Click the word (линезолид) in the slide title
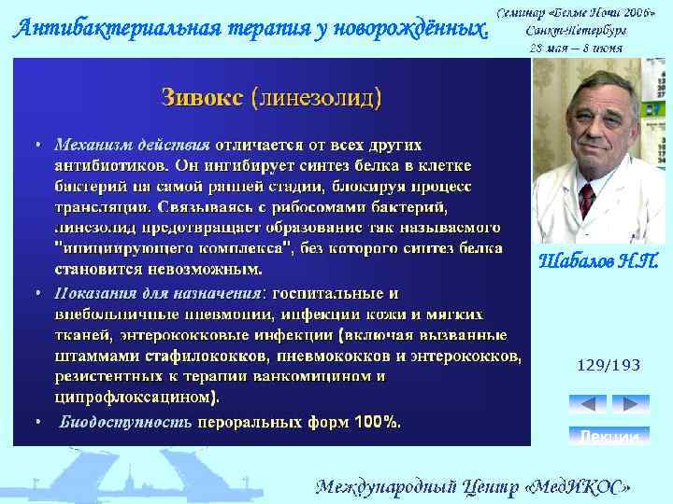tap(316, 97)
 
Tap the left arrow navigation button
tap(587, 403)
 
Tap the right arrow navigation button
tap(629, 403)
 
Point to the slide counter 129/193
tap(609, 366)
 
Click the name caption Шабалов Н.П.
tap(599, 262)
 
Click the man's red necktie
tap(587, 199)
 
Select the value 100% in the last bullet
tap(377, 422)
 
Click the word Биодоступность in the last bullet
tap(125, 422)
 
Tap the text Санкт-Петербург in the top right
tap(576, 30)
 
